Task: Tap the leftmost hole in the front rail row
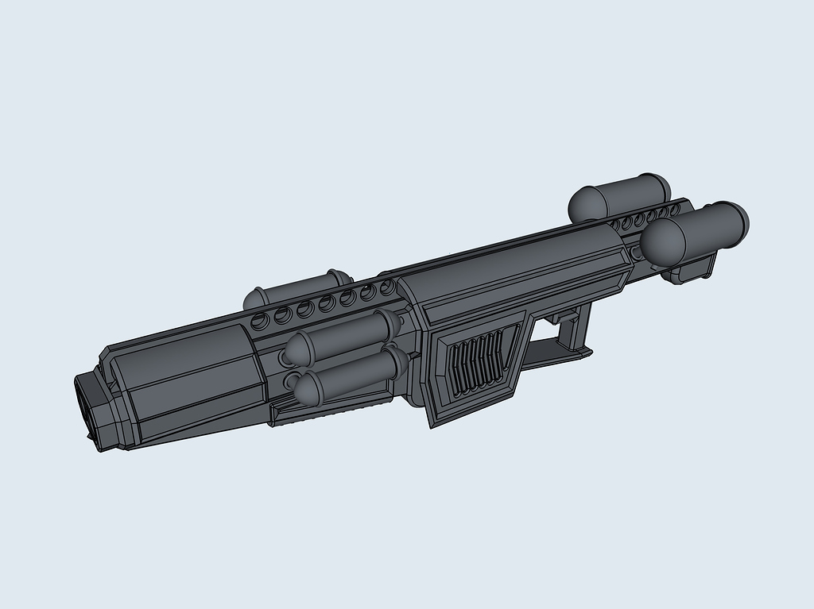(x=259, y=322)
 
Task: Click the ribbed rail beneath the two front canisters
(x=334, y=409)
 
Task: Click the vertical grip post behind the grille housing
(x=578, y=326)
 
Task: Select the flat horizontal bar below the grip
(x=556, y=354)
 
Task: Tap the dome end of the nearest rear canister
(x=660, y=241)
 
